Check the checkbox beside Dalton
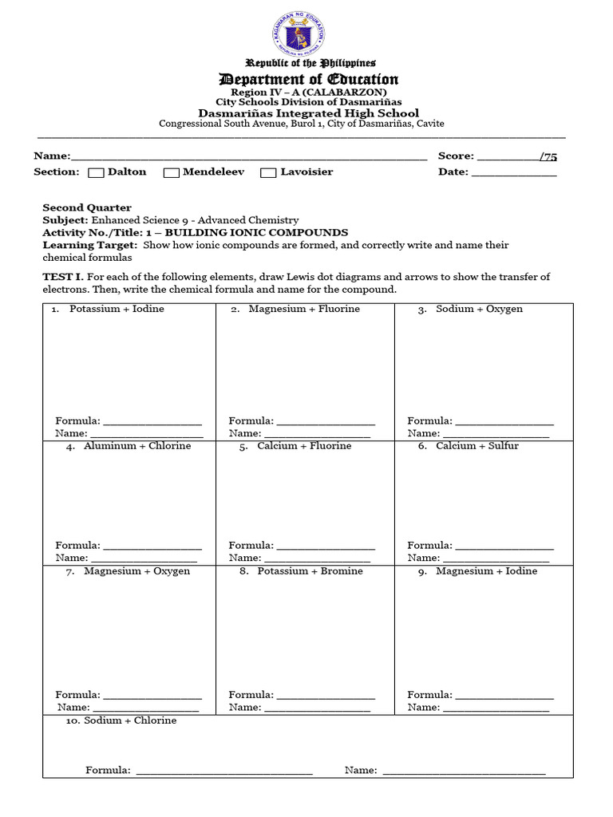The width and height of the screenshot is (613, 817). click(x=96, y=172)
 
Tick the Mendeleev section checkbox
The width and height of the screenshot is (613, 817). click(x=171, y=172)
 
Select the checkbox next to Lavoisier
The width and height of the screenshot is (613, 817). click(x=268, y=172)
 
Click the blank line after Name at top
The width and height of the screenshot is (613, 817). click(x=248, y=157)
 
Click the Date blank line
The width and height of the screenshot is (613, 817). click(x=514, y=173)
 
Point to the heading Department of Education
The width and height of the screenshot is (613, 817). click(x=308, y=79)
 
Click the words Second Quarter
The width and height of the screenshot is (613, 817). click(x=87, y=207)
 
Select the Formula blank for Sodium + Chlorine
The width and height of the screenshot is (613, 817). click(x=224, y=772)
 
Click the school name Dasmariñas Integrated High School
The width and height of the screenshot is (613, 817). click(x=308, y=113)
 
